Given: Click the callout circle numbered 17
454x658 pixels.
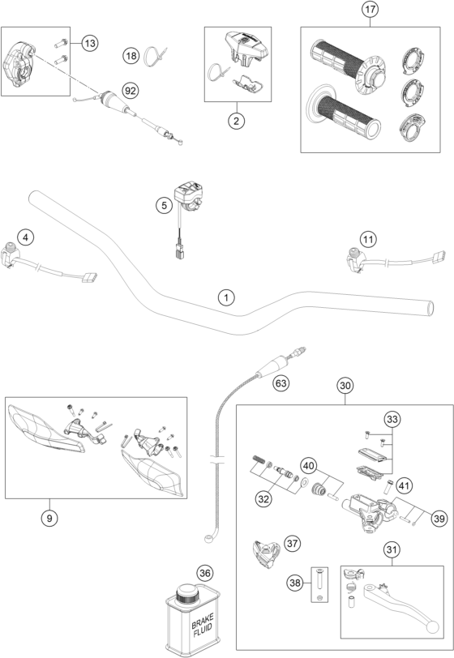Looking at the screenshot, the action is [370, 9].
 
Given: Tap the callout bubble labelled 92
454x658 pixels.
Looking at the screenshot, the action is [131, 91].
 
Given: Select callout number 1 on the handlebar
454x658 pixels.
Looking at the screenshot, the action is [226, 298].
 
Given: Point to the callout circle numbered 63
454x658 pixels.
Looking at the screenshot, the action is [281, 383].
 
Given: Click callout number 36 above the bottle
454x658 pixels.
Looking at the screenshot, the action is [204, 573].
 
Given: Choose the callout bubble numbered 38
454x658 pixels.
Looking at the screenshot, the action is [295, 583].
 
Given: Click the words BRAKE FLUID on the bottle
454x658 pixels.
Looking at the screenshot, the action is [203, 625].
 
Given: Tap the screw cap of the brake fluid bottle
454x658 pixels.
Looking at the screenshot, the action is [187, 594].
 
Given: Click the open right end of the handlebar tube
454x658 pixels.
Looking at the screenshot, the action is [430, 308].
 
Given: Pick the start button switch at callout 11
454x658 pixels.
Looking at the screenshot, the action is [355, 260].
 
